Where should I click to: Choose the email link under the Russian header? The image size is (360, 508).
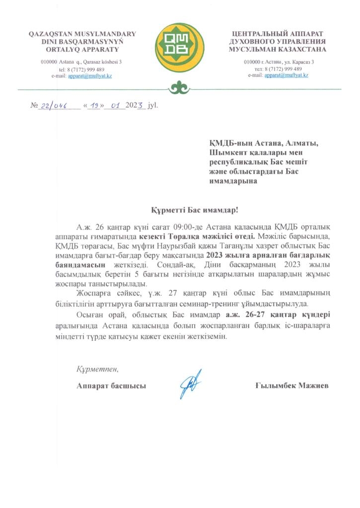(286, 75)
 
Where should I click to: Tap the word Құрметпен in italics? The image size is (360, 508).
(97, 370)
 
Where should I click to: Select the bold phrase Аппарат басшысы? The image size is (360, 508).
(111, 385)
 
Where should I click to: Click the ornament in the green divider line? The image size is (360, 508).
(179, 89)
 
